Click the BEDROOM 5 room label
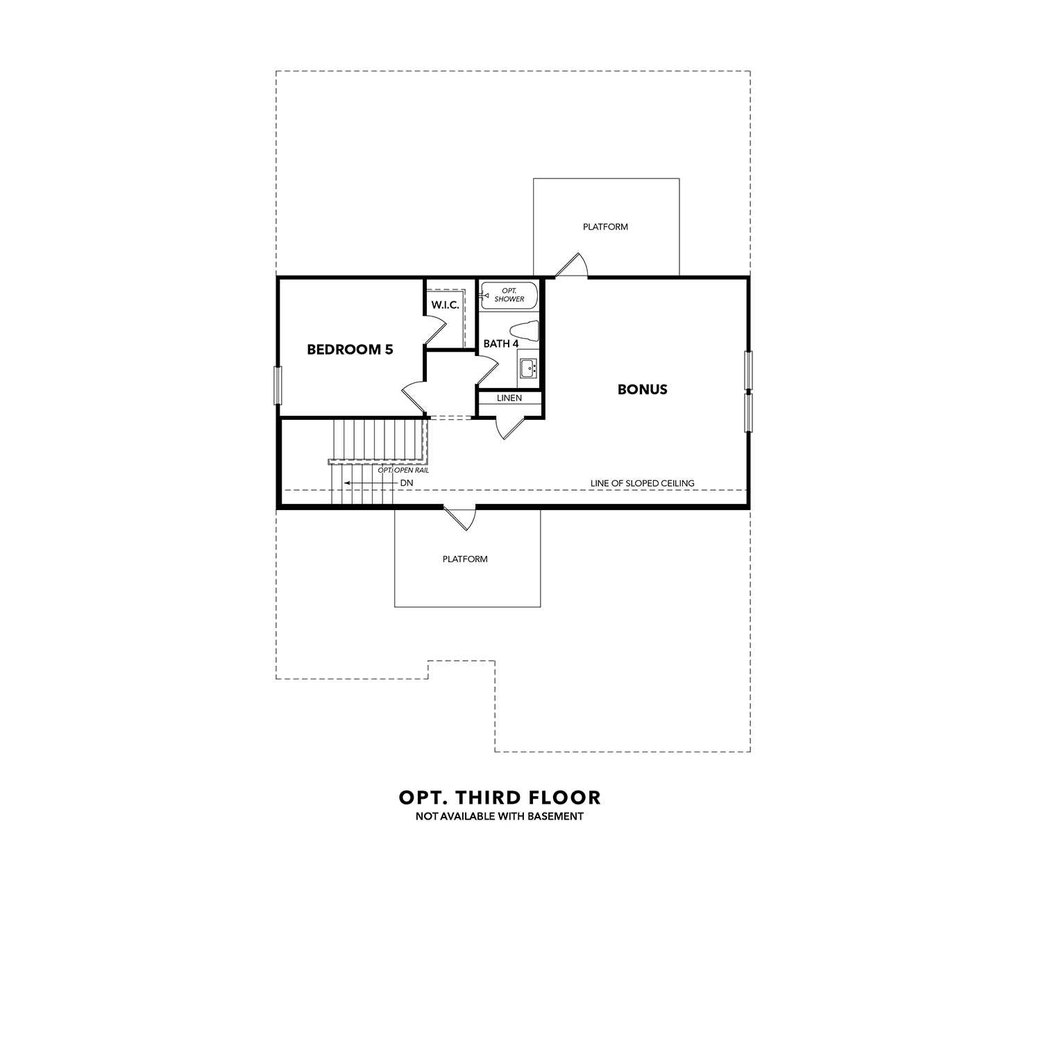350,350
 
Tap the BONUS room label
643,389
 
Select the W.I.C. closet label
445,305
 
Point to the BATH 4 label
501,344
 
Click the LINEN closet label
509,398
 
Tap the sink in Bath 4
528,368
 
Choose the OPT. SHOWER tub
509,295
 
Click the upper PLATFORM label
605,227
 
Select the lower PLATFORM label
465,559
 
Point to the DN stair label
407,483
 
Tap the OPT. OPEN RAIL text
403,471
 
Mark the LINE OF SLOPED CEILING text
642,483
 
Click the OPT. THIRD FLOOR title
500,798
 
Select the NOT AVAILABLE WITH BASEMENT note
500,817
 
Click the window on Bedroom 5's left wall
278,385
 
